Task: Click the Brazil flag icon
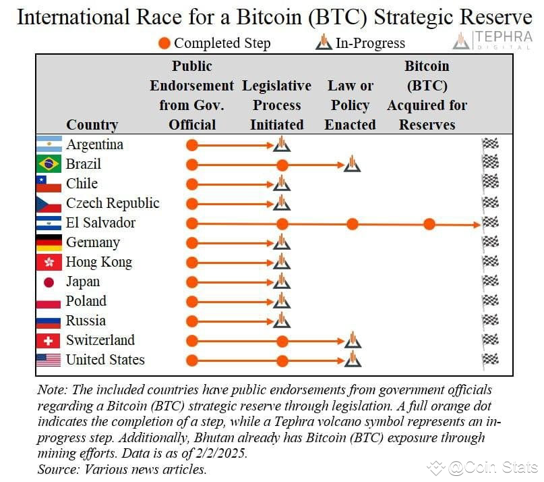pos(49,163)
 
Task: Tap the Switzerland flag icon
pos(49,340)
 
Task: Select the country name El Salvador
pos(100,223)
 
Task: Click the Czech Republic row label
pos(113,203)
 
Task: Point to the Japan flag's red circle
pos(49,282)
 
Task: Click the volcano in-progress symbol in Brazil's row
pos(352,163)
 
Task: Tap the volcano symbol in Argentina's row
pos(282,144)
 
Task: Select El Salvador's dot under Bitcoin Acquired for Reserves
pos(429,224)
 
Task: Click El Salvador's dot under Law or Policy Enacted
pos(352,224)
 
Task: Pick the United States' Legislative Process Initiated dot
pos(282,361)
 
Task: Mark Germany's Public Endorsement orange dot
pos(192,243)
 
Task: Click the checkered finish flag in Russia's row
pos(491,321)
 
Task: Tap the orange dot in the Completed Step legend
pos(164,43)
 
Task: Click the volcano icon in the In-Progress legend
pos(324,42)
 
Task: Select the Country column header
pos(92,125)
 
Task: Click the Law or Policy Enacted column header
pos(351,105)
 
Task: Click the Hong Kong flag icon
pos(49,262)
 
